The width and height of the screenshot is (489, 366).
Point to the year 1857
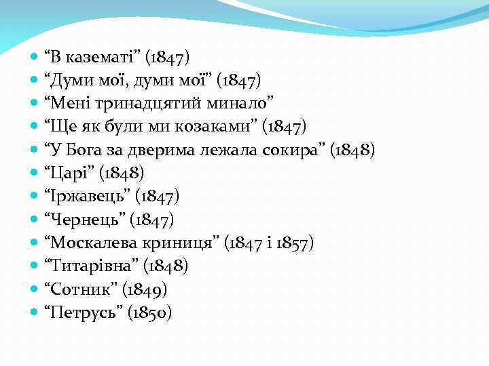pos(291,243)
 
